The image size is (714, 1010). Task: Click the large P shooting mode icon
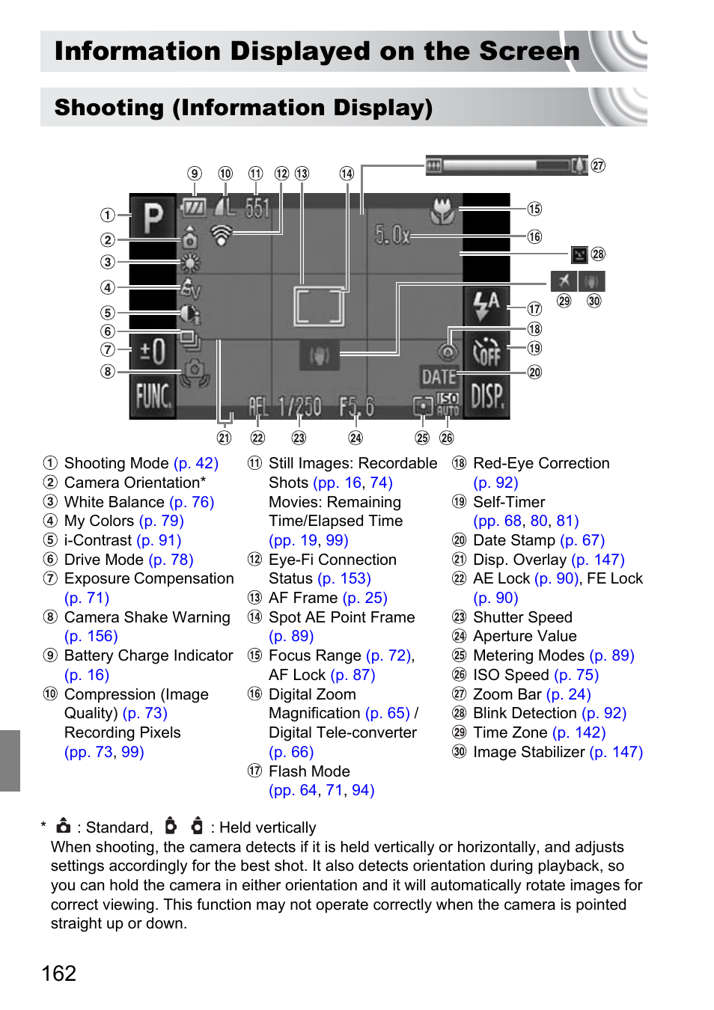pyautogui.click(x=153, y=218)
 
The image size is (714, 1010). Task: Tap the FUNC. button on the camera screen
pyautogui.click(x=153, y=396)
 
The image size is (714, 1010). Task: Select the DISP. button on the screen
pyautogui.click(x=486, y=396)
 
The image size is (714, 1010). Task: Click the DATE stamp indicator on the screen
pyautogui.click(x=439, y=376)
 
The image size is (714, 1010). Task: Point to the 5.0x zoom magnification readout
pyautogui.click(x=392, y=236)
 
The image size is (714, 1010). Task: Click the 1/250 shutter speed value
pyautogui.click(x=299, y=407)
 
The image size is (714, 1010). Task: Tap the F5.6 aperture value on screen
pyautogui.click(x=356, y=407)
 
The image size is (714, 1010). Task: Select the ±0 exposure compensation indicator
pyautogui.click(x=153, y=351)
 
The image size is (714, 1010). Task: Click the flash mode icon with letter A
pyautogui.click(x=486, y=304)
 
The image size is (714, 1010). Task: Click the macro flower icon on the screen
pyautogui.click(x=442, y=211)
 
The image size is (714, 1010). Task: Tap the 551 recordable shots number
pyautogui.click(x=257, y=208)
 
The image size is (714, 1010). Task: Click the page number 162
pyautogui.click(x=59, y=973)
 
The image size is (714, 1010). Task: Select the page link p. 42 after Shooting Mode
pyautogui.click(x=196, y=463)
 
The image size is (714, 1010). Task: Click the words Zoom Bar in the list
pyautogui.click(x=507, y=694)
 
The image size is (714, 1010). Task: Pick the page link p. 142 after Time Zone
pyautogui.click(x=579, y=732)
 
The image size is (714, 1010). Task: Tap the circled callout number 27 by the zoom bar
pyautogui.click(x=598, y=165)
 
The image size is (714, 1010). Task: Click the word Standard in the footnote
pyautogui.click(x=118, y=827)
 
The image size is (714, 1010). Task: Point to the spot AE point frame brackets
pyautogui.click(x=320, y=306)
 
